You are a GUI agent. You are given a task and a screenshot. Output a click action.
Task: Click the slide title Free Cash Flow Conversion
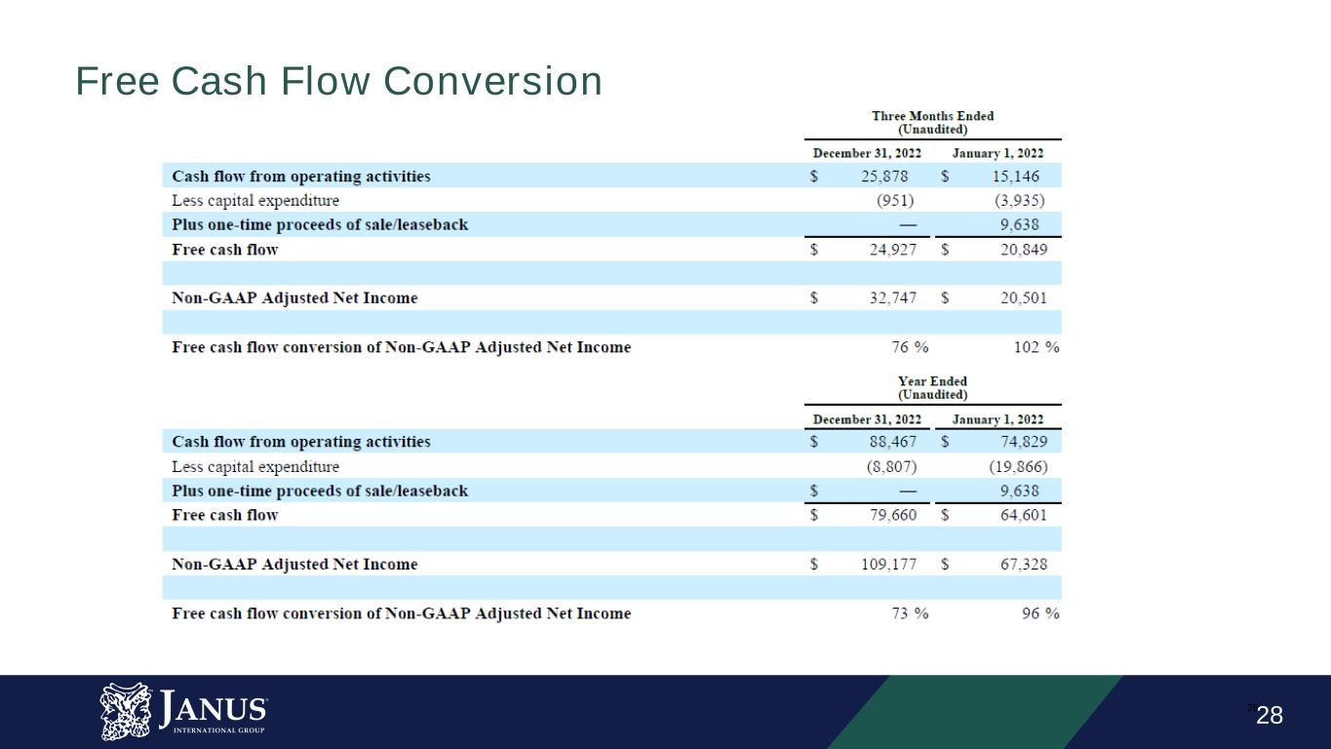click(338, 81)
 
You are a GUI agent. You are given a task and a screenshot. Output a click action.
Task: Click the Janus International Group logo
click(183, 711)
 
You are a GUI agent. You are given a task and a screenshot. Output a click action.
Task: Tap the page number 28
click(1270, 715)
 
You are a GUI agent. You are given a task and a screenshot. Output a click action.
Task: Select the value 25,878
click(884, 177)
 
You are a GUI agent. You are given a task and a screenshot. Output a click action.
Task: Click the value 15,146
click(1015, 177)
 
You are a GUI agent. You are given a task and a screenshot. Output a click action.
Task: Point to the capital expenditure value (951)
click(895, 201)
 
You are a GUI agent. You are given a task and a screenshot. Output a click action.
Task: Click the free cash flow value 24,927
click(892, 250)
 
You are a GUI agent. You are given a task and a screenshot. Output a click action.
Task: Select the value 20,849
click(1023, 250)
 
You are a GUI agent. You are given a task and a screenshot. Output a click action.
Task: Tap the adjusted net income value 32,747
click(892, 297)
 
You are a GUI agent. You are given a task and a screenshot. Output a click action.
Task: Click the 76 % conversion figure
click(910, 347)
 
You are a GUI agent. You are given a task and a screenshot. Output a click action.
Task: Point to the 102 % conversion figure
click(1037, 347)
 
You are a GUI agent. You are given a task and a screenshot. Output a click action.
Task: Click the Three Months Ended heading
click(932, 116)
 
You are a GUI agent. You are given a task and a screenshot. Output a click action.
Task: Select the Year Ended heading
click(932, 381)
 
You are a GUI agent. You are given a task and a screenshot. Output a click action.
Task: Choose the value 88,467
click(892, 442)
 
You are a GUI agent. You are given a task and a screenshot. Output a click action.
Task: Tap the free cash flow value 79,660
click(892, 515)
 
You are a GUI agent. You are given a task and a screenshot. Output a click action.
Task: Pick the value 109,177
click(889, 564)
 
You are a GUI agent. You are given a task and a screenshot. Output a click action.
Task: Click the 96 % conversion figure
click(1040, 613)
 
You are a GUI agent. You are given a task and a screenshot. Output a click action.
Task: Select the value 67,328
click(1023, 564)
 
